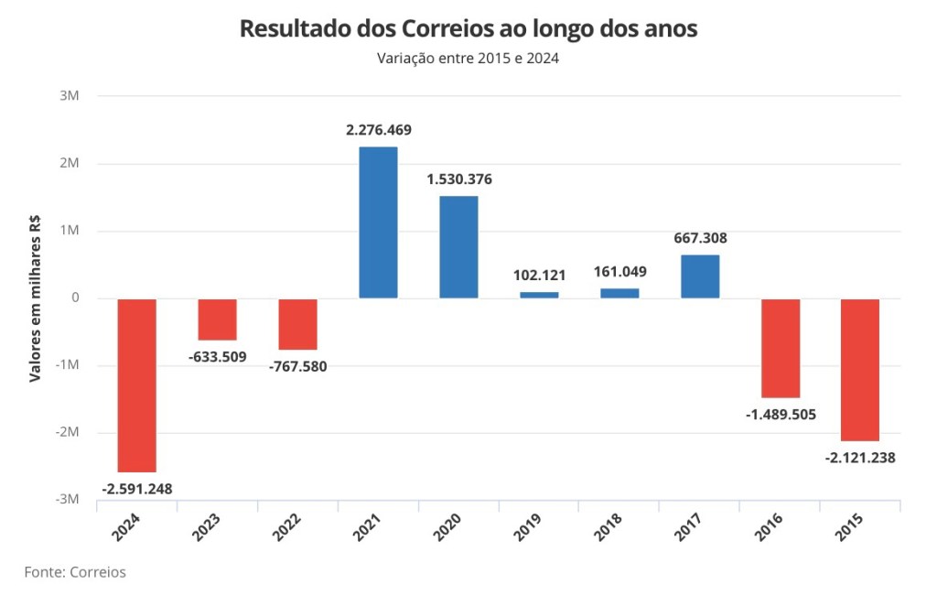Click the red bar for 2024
pos(137,384)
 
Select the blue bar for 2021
pos(378,222)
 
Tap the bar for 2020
pos(458,247)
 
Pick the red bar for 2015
pos(861,369)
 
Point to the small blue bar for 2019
pos(539,295)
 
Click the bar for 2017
pos(700,276)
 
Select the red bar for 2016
pos(781,348)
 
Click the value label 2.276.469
pos(378,130)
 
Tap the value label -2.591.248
pos(136,488)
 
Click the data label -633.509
pos(217,356)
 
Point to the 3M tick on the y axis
pos(71,96)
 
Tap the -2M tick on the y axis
pos(68,432)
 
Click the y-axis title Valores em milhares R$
pos(36,298)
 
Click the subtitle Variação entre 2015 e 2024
pos(468,59)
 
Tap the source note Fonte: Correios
pos(75,572)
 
